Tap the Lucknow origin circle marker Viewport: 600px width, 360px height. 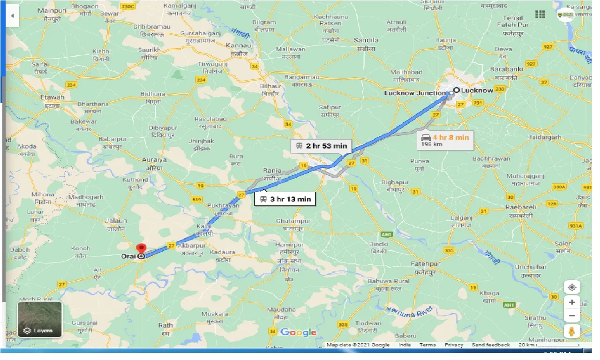tap(456, 90)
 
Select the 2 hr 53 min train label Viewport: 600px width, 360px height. tap(321, 146)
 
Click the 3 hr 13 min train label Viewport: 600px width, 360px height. tap(285, 199)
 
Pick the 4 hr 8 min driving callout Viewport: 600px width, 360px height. tap(445, 139)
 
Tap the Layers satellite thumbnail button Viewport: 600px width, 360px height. tap(40, 319)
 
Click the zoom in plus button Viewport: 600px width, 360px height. tap(571, 302)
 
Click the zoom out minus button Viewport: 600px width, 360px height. tap(571, 316)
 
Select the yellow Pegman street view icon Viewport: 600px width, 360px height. tap(571, 331)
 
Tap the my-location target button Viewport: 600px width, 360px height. tap(571, 287)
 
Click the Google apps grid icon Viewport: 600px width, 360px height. tap(540, 15)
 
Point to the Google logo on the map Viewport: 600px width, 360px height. tap(298, 332)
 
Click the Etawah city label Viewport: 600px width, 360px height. tap(52, 97)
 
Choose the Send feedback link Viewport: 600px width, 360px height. tap(491, 345)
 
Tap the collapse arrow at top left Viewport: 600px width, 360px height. tap(12, 15)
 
